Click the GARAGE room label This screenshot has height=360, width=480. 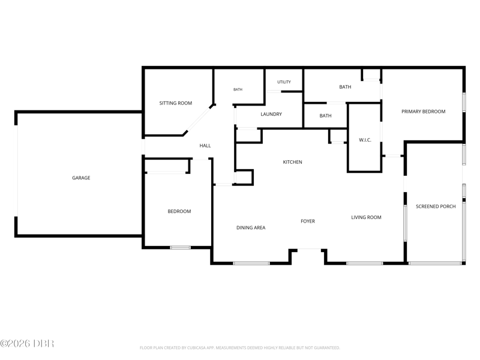point(81,178)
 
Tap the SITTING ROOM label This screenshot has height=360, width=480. point(176,103)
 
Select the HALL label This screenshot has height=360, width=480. point(205,146)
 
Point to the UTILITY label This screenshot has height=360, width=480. point(284,82)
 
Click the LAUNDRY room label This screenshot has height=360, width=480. point(271,114)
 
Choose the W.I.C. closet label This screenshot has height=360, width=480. point(365,140)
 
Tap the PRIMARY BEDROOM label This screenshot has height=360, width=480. point(424,112)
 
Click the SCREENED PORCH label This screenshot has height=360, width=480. point(436,206)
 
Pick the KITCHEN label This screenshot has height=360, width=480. point(292,162)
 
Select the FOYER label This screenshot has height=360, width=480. point(308,221)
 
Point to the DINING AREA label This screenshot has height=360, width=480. point(251,228)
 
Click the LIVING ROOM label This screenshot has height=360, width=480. point(366,217)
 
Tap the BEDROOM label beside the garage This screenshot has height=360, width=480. point(179,212)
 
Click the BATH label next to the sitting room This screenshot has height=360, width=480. point(238,89)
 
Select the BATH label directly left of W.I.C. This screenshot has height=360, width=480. point(325,116)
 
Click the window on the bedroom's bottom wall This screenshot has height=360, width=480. point(181,247)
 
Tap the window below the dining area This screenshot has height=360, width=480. point(251,263)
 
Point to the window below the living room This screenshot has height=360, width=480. point(365,263)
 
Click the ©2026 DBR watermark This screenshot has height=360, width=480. point(27,343)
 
